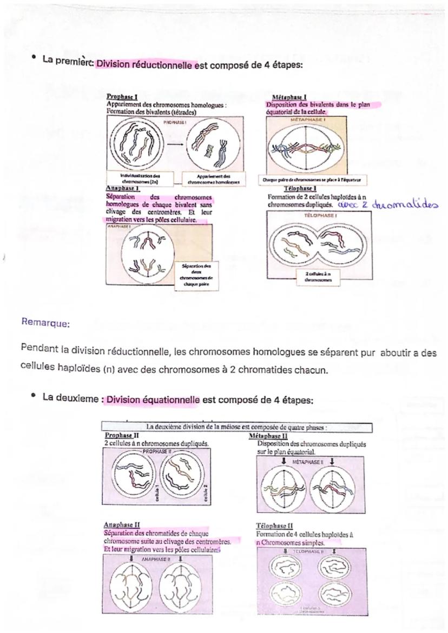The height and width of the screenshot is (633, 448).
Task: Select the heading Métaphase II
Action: point(268,435)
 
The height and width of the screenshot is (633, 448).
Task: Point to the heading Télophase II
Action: point(274,525)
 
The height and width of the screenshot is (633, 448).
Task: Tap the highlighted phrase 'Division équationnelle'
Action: point(153,401)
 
